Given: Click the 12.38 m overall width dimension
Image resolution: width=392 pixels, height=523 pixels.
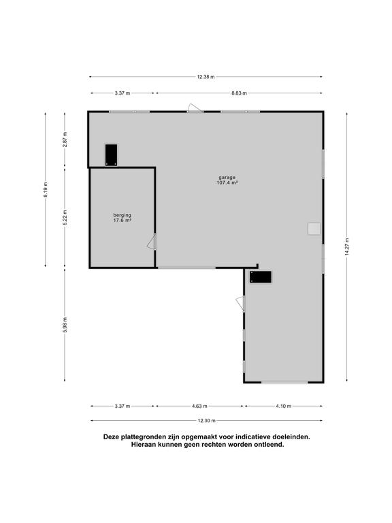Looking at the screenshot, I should coord(206,77).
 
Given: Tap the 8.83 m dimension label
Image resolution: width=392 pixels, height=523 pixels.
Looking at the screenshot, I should coord(238,93).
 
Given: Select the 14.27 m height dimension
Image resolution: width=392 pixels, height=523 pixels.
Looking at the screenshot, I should coord(347,246).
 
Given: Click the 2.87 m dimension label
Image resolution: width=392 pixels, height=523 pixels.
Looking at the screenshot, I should coord(65,139).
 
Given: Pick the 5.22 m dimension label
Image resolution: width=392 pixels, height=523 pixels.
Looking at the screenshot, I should coord(65,216).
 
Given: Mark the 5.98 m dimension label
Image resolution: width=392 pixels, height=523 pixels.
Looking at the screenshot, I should coord(65,324).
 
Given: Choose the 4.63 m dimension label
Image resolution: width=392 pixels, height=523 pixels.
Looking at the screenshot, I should coord(199,407).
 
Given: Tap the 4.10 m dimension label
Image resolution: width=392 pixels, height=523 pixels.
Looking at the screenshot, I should coord(283,407).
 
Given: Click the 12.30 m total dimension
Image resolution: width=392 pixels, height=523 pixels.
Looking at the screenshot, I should coord(206,420).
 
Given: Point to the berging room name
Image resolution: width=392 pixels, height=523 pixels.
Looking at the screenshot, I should coord(122,215).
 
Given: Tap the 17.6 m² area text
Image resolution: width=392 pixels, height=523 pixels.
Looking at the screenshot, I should coord(122,221).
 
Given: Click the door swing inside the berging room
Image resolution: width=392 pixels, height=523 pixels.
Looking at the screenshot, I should coord(152,242).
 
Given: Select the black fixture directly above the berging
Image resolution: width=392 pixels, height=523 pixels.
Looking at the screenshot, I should coord(112,155).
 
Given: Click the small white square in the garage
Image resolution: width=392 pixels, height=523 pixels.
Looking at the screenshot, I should coord(313,229).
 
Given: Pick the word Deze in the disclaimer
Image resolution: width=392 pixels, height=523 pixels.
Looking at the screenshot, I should coord(112,437).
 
